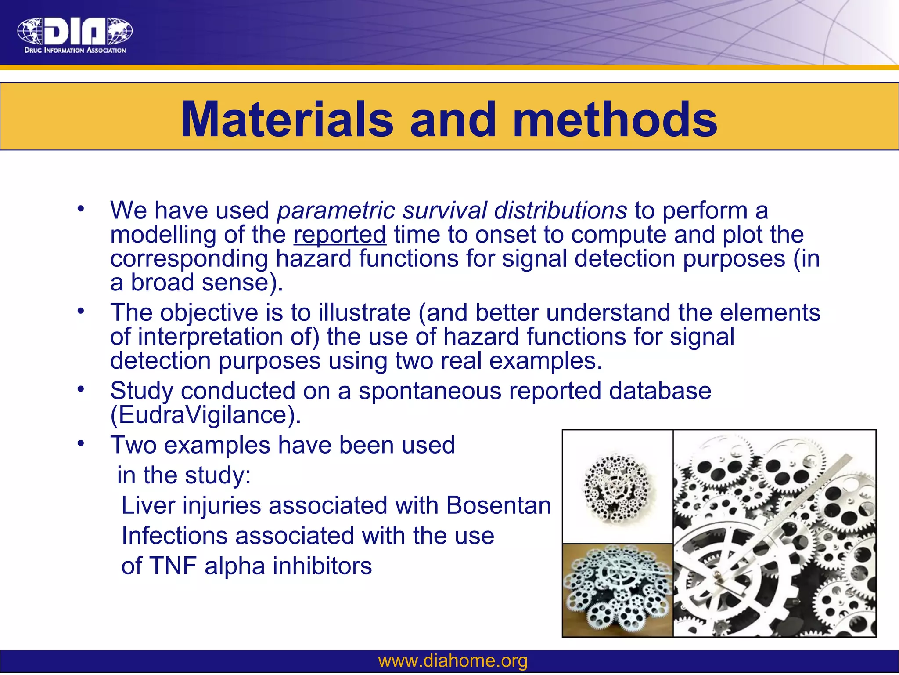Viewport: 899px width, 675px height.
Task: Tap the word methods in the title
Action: [615, 120]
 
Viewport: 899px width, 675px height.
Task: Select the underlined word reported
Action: [340, 235]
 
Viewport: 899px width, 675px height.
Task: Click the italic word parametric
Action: [336, 210]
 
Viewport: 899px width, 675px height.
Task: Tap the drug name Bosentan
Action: [498, 505]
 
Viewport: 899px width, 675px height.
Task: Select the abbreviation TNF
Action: [173, 566]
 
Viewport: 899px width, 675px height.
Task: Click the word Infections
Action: [174, 536]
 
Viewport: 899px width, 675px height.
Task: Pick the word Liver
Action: [147, 505]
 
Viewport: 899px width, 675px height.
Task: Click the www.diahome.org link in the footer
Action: [453, 661]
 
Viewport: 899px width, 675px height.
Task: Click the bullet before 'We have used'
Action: [80, 209]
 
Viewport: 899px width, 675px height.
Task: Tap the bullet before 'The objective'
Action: [80, 311]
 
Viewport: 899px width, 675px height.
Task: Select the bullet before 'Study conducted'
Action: [80, 389]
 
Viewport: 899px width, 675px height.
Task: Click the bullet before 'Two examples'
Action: [80, 443]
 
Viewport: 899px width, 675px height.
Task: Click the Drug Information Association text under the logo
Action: [75, 51]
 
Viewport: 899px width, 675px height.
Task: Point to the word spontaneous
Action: [429, 391]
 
